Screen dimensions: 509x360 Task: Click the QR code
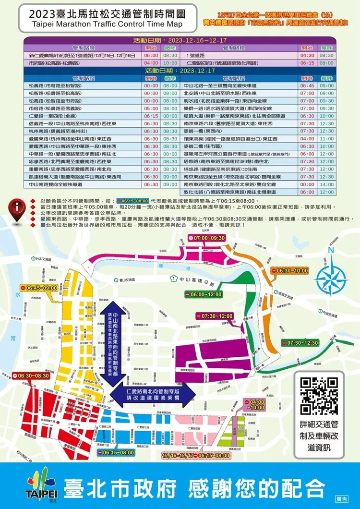coord(319,397)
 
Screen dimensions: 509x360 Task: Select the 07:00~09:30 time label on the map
coord(207,238)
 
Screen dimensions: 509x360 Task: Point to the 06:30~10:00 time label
coord(290,271)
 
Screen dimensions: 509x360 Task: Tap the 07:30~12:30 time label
coord(300,343)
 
